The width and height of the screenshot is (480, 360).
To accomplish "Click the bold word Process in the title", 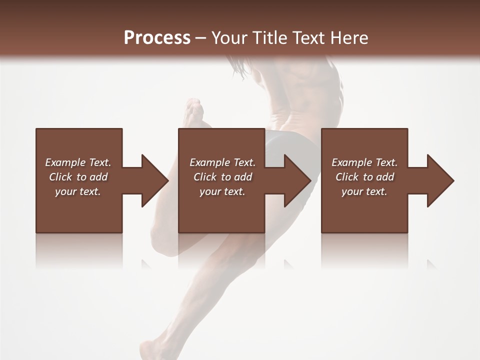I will [157, 37].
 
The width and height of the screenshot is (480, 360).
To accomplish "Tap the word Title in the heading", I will [271, 37].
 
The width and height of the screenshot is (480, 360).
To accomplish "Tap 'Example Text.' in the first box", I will [78, 162].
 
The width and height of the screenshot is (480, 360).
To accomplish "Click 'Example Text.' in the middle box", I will [222, 162].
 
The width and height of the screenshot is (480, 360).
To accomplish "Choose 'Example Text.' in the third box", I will [364, 162].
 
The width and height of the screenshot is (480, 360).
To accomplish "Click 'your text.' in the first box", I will [78, 191].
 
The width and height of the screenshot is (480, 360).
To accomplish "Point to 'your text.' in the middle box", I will [222, 191].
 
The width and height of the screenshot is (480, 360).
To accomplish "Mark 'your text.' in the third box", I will [364, 191].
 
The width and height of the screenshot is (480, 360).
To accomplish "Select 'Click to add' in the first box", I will [78, 177].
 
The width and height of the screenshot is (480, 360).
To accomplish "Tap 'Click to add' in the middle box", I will [222, 177].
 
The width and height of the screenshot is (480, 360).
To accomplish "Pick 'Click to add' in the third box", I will [364, 177].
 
